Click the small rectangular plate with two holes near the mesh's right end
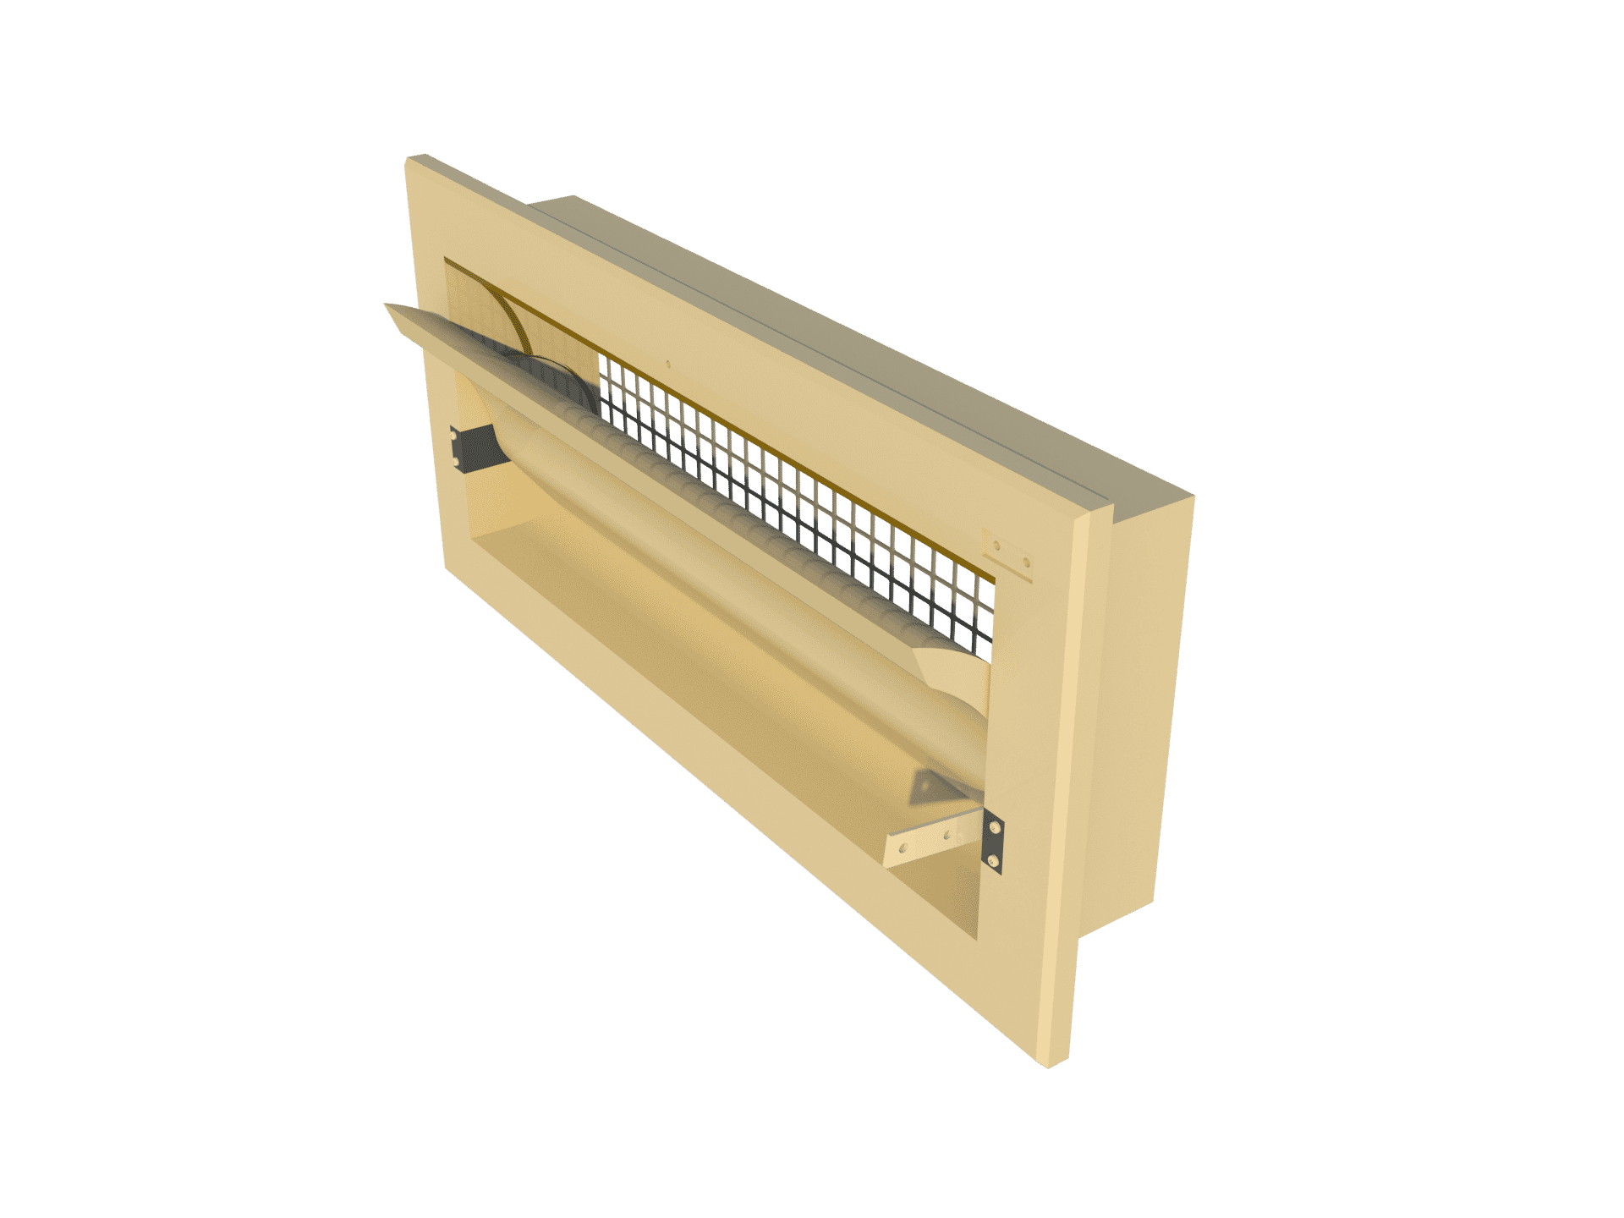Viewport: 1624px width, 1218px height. point(1009,554)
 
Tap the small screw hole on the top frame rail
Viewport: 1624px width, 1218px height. point(667,366)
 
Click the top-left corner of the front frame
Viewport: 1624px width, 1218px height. point(410,159)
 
